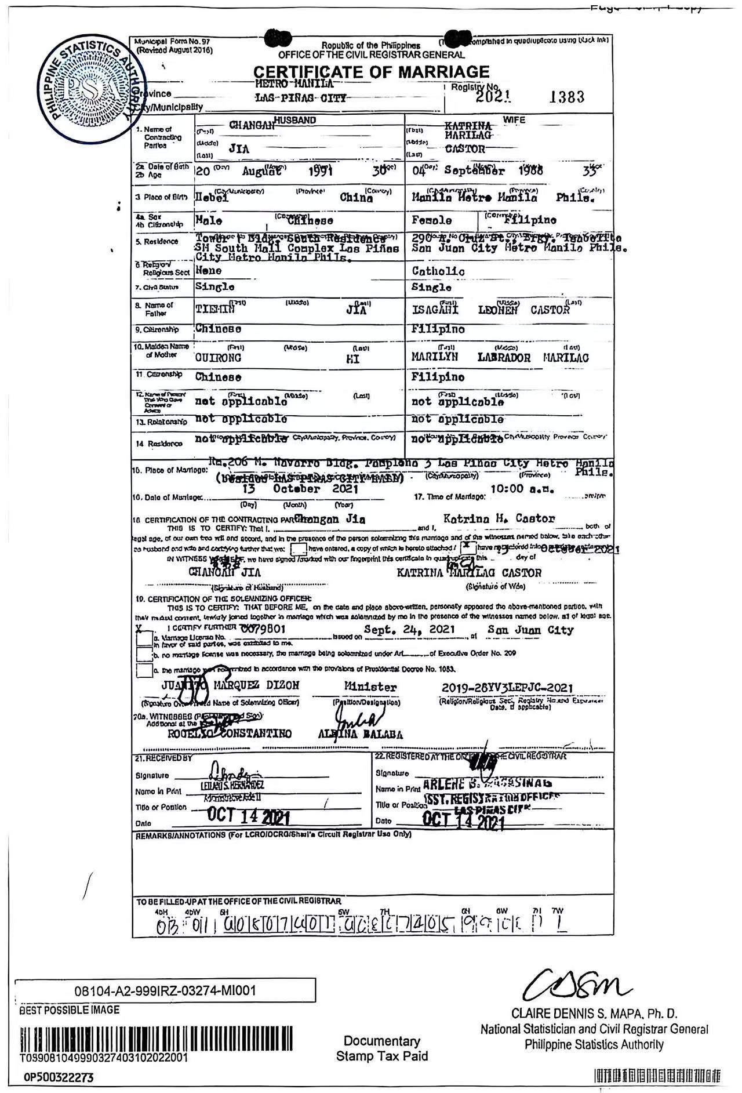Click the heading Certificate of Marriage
pyautogui.click(x=372, y=72)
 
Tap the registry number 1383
pyautogui.click(x=566, y=97)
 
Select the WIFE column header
pyautogui.click(x=514, y=119)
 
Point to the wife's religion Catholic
pyautogui.click(x=438, y=271)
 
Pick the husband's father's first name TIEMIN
pyautogui.click(x=215, y=310)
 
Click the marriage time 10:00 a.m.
pyautogui.click(x=522, y=489)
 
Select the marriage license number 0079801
pyautogui.click(x=263, y=629)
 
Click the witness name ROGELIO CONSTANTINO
pyautogui.click(x=230, y=733)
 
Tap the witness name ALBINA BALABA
pyautogui.click(x=361, y=734)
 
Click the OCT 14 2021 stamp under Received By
pyautogui.click(x=248, y=816)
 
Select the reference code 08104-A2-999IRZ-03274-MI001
pyautogui.click(x=165, y=990)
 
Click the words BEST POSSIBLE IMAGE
pyautogui.click(x=70, y=1010)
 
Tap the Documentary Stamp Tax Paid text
pyautogui.click(x=382, y=1048)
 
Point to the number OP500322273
pyautogui.click(x=59, y=1077)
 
